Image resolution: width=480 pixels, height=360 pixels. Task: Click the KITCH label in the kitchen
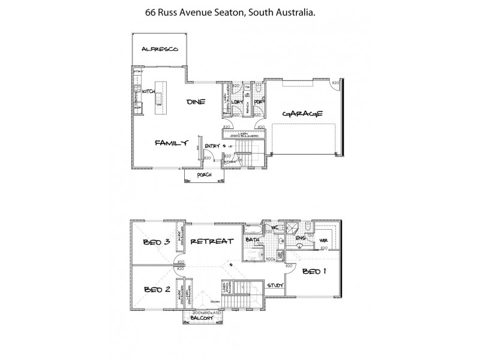[x=149, y=91]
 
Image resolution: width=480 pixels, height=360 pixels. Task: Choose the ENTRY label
[x=212, y=146]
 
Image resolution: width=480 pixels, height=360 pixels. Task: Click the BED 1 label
[x=313, y=271]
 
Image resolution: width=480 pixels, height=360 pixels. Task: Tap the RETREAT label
[x=211, y=242]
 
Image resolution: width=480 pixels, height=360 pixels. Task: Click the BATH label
[x=253, y=241]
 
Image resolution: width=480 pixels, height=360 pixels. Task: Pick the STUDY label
[x=275, y=286]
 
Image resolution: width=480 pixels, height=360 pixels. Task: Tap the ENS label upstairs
[x=301, y=239]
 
